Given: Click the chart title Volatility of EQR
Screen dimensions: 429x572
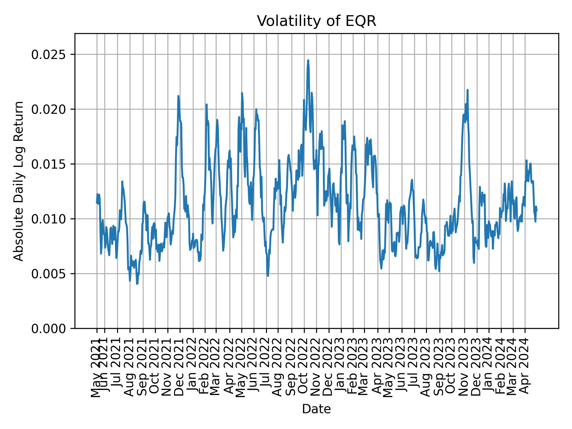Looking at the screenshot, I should (316, 21).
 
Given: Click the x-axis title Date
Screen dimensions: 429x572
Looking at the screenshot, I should (316, 409).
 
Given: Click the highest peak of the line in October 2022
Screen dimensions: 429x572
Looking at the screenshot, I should (308, 60).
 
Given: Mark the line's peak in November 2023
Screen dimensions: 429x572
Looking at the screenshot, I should (467, 90).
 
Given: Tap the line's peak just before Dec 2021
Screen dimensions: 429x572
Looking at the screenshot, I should (178, 96).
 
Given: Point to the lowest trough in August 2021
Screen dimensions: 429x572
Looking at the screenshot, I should (137, 284).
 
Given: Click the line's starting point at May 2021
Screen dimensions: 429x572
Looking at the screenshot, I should (97, 203).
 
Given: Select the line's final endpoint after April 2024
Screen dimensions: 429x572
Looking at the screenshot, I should (537, 211).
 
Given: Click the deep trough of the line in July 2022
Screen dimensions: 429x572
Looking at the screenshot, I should (268, 276).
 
